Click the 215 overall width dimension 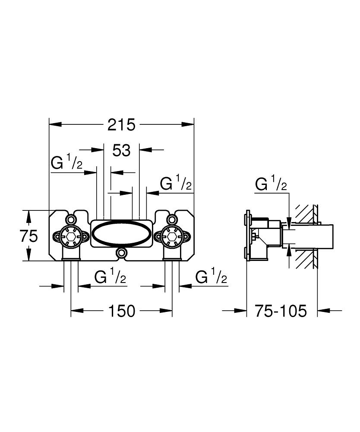pos(121,124)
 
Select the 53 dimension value pos(121,150)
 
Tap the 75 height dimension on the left pos(29,235)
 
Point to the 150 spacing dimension pos(122,311)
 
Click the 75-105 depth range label pos(280,311)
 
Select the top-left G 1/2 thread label pos(66,163)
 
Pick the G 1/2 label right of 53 pos(176,184)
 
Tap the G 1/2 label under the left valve pos(110,277)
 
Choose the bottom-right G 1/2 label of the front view pos(211,277)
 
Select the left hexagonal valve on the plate pos(71,236)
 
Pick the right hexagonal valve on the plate pos(172,236)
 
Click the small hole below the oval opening pos(122,253)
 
